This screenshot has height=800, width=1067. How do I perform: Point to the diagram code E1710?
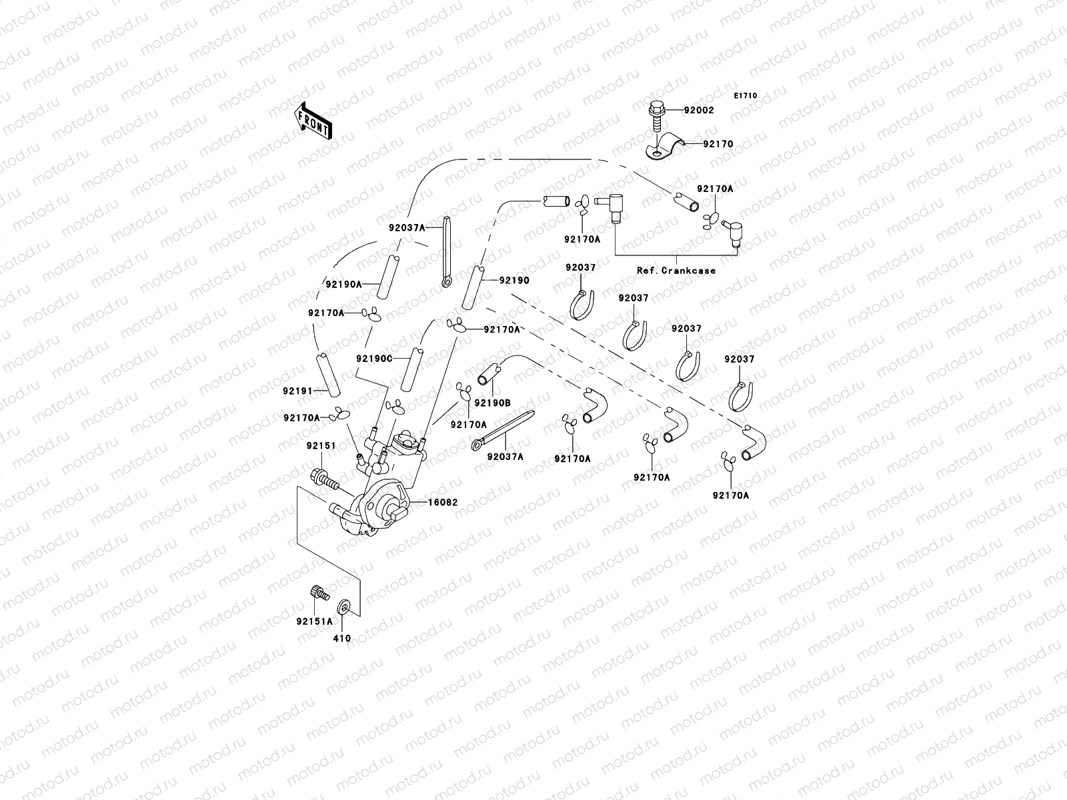coord(746,96)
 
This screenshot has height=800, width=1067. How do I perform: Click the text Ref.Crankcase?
coord(676,271)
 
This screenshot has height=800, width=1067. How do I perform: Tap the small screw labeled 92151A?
coord(319,592)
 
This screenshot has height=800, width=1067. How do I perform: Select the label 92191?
coord(297,391)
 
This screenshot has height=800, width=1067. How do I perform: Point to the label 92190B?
coord(492,403)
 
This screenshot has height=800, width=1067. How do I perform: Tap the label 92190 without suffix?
coord(514,281)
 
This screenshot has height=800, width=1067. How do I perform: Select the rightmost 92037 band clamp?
coord(740,395)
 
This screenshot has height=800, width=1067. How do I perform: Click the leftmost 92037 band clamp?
coord(582,303)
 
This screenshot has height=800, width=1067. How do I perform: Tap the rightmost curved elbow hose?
coord(754,443)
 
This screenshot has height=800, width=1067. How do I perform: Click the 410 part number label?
coord(341,638)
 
